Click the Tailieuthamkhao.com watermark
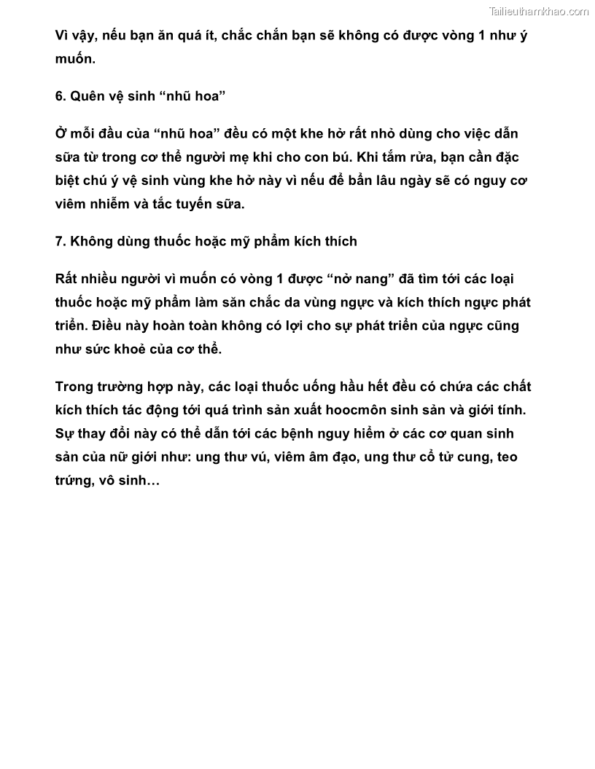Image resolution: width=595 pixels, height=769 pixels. point(538,11)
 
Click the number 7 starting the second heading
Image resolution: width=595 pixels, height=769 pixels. point(59,240)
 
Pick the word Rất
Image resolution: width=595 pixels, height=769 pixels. point(66,279)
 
